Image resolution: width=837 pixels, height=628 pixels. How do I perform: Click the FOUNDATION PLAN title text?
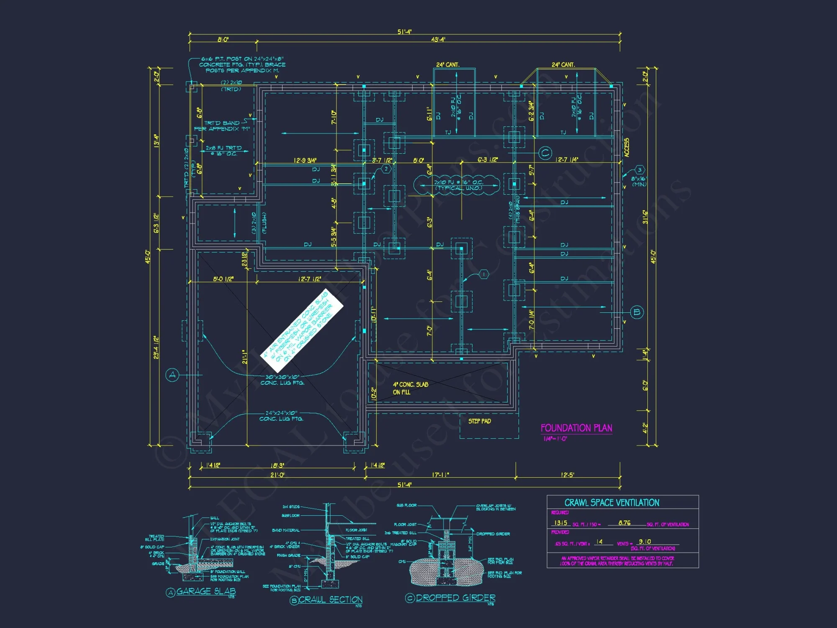point(576,428)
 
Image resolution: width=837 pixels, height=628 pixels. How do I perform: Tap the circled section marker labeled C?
point(545,153)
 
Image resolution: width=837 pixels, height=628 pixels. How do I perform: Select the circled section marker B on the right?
point(637,312)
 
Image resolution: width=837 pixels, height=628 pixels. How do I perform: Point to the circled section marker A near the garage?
point(172,375)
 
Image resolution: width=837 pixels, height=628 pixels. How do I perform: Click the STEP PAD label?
point(480,421)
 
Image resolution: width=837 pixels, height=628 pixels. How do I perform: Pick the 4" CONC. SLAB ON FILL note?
point(410,388)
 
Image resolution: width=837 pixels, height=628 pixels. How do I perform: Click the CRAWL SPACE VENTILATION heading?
point(611,502)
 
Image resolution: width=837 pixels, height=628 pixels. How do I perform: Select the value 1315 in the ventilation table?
point(561,523)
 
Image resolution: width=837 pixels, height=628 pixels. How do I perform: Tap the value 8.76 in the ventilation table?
point(624,523)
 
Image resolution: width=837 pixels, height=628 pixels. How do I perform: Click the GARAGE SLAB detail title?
point(206,591)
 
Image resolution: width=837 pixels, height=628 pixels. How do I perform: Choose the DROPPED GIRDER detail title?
point(455,597)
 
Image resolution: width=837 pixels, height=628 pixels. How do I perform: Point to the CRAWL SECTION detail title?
point(331,600)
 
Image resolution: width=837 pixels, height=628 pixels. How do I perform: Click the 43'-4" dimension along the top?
point(438,39)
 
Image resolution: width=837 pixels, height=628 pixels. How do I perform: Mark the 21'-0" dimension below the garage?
point(277,475)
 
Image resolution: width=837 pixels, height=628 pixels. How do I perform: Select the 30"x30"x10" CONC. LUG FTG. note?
point(282,380)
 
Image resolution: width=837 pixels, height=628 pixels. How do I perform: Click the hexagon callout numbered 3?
point(639,170)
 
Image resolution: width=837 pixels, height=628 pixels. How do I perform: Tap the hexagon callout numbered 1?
point(483,274)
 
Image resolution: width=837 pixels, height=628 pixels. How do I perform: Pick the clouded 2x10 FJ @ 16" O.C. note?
point(458,185)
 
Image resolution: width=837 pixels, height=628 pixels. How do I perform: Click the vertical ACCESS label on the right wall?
point(626,147)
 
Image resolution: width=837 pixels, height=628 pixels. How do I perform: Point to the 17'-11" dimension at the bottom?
point(440,475)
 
